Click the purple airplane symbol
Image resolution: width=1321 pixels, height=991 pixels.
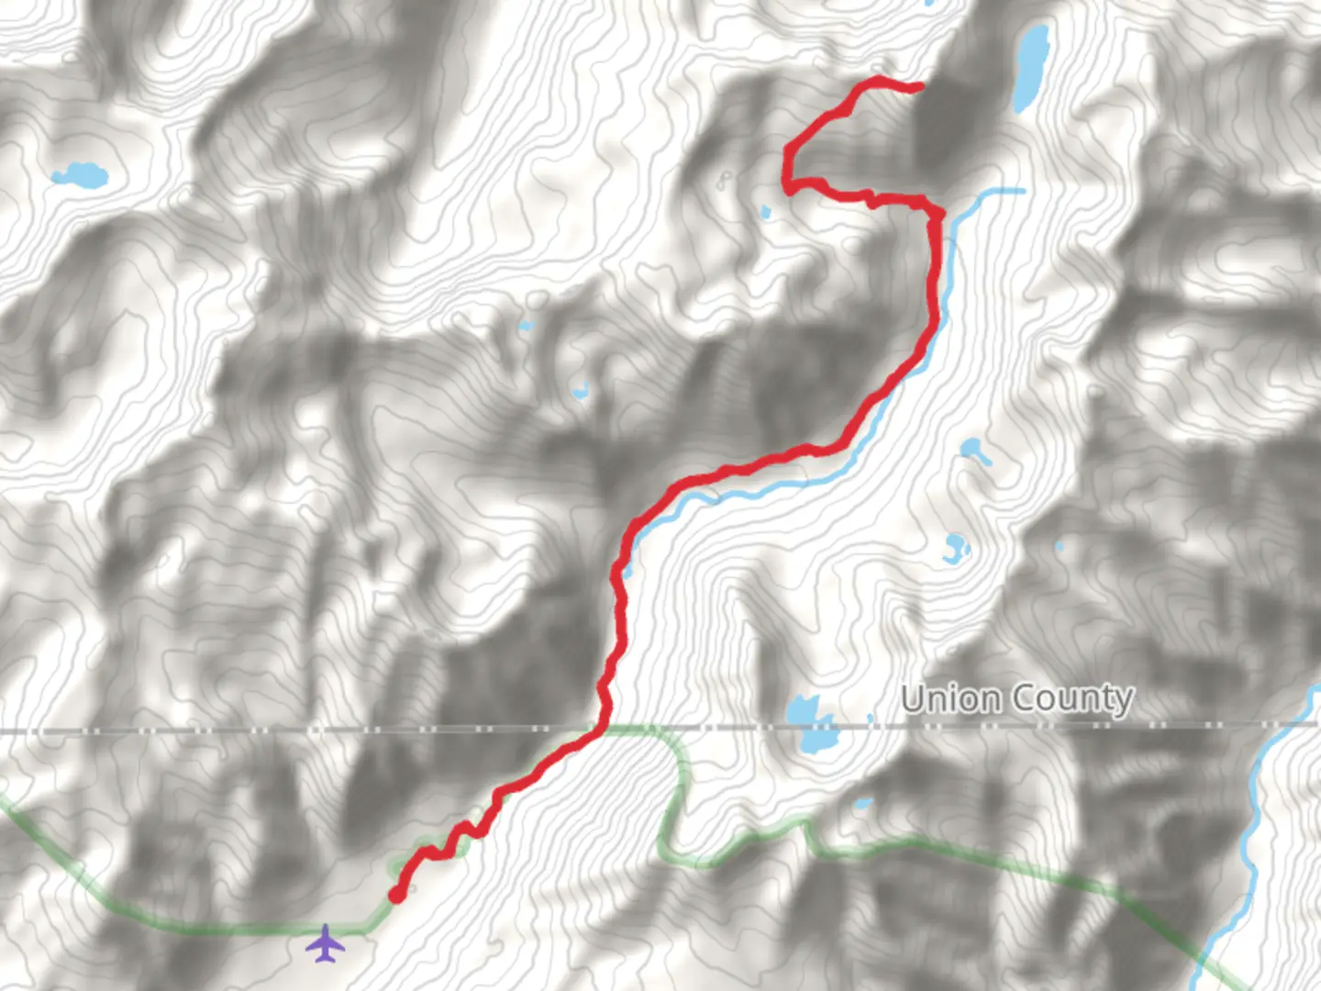click(x=326, y=944)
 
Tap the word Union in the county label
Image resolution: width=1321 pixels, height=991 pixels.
click(x=950, y=699)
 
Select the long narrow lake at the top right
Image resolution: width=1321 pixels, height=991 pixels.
click(x=1031, y=66)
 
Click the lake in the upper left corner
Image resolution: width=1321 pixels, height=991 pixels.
click(x=79, y=174)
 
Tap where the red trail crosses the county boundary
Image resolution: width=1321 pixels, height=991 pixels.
click(x=598, y=730)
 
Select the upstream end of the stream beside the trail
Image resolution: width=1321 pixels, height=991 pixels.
click(x=1020, y=191)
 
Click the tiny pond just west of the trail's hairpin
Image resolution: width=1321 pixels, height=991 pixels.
click(x=766, y=213)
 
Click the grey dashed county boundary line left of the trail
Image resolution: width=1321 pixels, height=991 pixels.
click(x=275, y=731)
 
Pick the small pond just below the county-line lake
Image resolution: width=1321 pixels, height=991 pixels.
click(x=862, y=804)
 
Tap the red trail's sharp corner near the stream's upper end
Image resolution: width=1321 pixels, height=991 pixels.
click(x=937, y=215)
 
